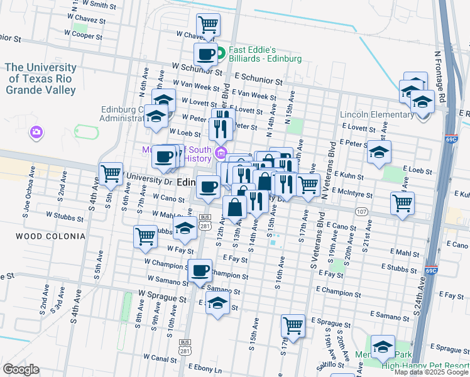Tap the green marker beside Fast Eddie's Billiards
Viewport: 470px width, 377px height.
point(221,53)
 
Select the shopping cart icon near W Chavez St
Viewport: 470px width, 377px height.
point(208,26)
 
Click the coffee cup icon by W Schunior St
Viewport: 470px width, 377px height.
point(205,55)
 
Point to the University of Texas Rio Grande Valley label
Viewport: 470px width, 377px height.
point(41,79)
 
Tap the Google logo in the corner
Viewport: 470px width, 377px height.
point(21,369)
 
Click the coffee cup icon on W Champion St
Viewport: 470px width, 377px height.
point(200,271)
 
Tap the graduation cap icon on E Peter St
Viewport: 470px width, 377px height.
point(379,153)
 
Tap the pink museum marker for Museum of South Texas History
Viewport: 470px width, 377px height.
point(221,153)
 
